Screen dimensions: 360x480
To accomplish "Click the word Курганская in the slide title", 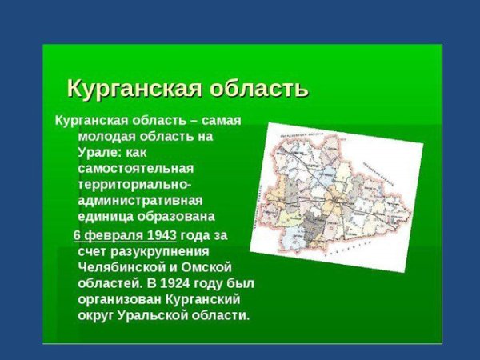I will tap(129, 87).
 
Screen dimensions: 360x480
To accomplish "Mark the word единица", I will tap(106, 217).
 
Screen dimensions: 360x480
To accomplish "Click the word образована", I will tap(178, 217).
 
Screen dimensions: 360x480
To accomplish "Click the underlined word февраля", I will tap(114, 235).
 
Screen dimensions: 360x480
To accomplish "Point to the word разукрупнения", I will tap(151, 251).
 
